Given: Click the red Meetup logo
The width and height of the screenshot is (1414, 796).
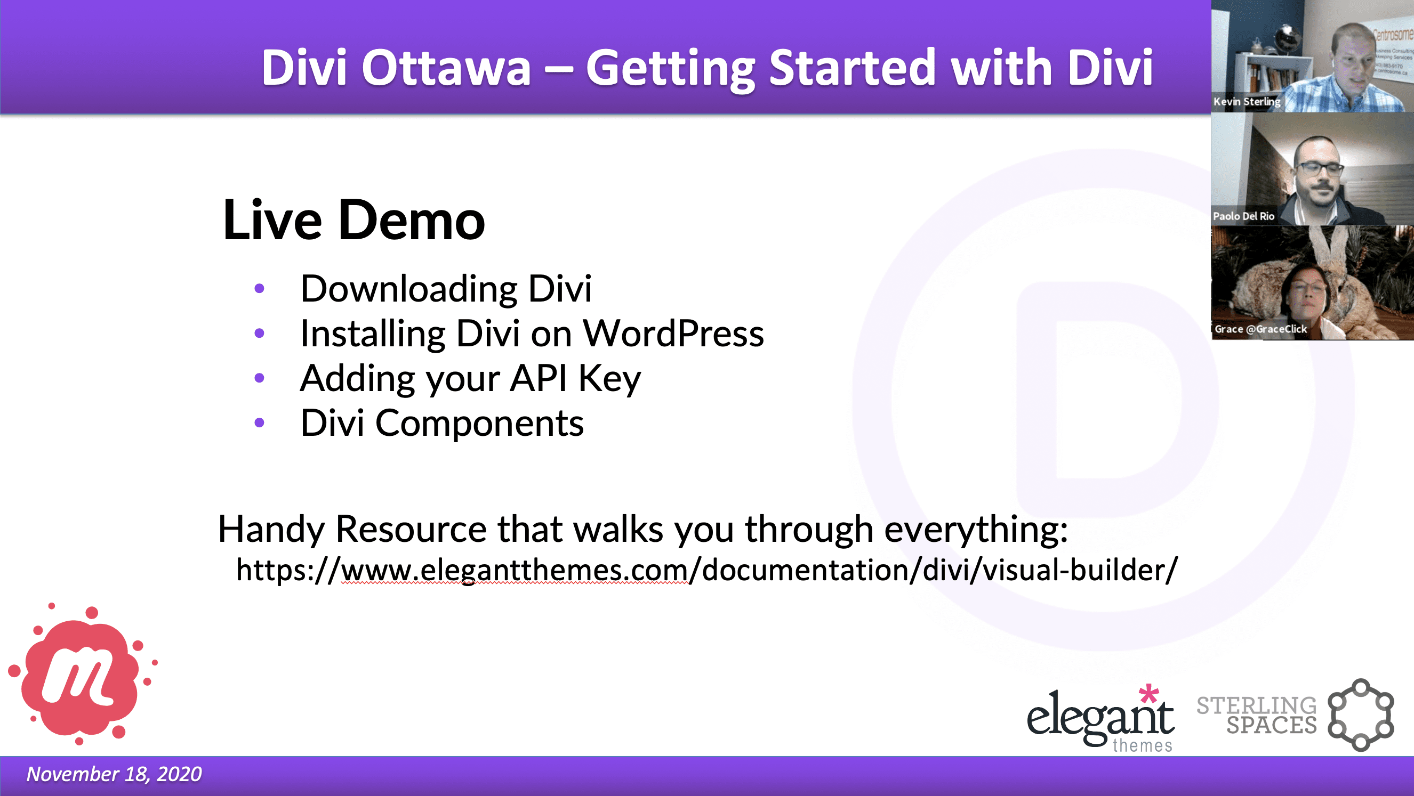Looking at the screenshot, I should coord(81,677).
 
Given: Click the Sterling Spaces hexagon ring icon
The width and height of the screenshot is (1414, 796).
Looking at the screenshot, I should coord(1360,714).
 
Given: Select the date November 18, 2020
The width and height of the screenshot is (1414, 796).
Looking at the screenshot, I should coord(114,774).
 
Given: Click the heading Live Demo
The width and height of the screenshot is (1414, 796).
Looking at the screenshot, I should coord(353,221).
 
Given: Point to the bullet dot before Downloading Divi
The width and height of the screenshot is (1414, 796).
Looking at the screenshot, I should coord(260,289).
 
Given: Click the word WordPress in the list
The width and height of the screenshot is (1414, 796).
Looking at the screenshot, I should coord(673,334).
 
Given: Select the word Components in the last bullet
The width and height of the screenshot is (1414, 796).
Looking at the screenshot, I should coord(479,424).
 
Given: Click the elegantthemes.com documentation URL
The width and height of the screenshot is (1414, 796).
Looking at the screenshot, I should coord(706,570).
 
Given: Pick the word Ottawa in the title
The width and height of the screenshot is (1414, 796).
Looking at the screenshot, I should coord(446,68).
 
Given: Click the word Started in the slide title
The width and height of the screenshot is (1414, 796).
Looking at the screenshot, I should coord(851,68).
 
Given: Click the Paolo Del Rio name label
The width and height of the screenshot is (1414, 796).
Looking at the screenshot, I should coord(1243,216).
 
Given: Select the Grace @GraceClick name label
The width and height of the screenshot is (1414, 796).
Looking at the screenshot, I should coord(1260,329).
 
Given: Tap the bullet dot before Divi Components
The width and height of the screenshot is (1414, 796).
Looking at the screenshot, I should coord(260,423).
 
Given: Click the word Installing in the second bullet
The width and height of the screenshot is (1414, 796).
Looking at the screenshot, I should coord(373,334).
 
